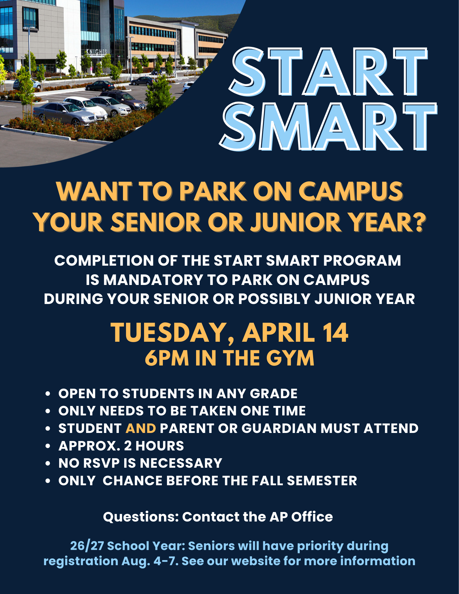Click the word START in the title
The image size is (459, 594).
(329, 72)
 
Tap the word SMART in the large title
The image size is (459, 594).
(328, 127)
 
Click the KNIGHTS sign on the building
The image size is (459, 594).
(97, 52)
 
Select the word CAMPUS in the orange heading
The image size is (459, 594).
(351, 191)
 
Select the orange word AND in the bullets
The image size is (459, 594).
(141, 428)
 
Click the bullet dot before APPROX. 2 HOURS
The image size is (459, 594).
(48, 446)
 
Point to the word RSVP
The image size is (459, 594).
(101, 463)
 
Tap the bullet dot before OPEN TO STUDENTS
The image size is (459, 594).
(48, 394)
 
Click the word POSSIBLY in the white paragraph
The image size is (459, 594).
(274, 299)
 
